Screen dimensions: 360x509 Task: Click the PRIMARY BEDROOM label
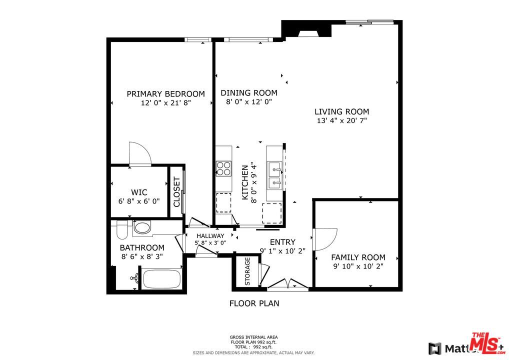165,94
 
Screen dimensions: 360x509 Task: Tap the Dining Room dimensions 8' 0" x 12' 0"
248,102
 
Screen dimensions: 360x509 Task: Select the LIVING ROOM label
341,112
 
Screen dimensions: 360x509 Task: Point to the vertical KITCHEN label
245,182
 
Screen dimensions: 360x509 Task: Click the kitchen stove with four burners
223,168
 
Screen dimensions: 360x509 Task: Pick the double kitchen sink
275,175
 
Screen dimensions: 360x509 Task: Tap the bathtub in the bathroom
161,279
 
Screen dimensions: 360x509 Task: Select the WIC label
138,192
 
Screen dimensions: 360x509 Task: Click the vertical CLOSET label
176,192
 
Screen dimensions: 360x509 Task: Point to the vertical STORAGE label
247,272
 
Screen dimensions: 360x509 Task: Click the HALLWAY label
210,236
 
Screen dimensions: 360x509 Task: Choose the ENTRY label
282,242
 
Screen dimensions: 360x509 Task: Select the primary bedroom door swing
139,153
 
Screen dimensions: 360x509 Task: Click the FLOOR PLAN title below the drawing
254,303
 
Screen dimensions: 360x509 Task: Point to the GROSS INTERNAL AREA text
253,337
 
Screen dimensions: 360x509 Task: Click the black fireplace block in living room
306,29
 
